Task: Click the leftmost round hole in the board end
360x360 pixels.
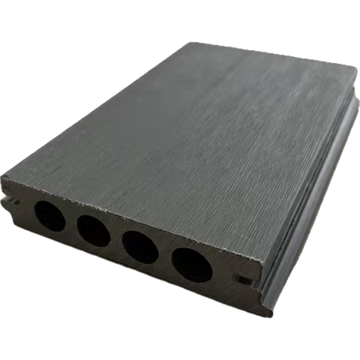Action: point(49,217)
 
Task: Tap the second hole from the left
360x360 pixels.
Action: point(94,231)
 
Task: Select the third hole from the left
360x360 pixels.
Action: point(140,247)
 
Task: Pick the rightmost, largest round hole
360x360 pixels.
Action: point(192,264)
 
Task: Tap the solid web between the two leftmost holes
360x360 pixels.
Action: point(71,223)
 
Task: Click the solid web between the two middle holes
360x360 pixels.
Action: point(117,239)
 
